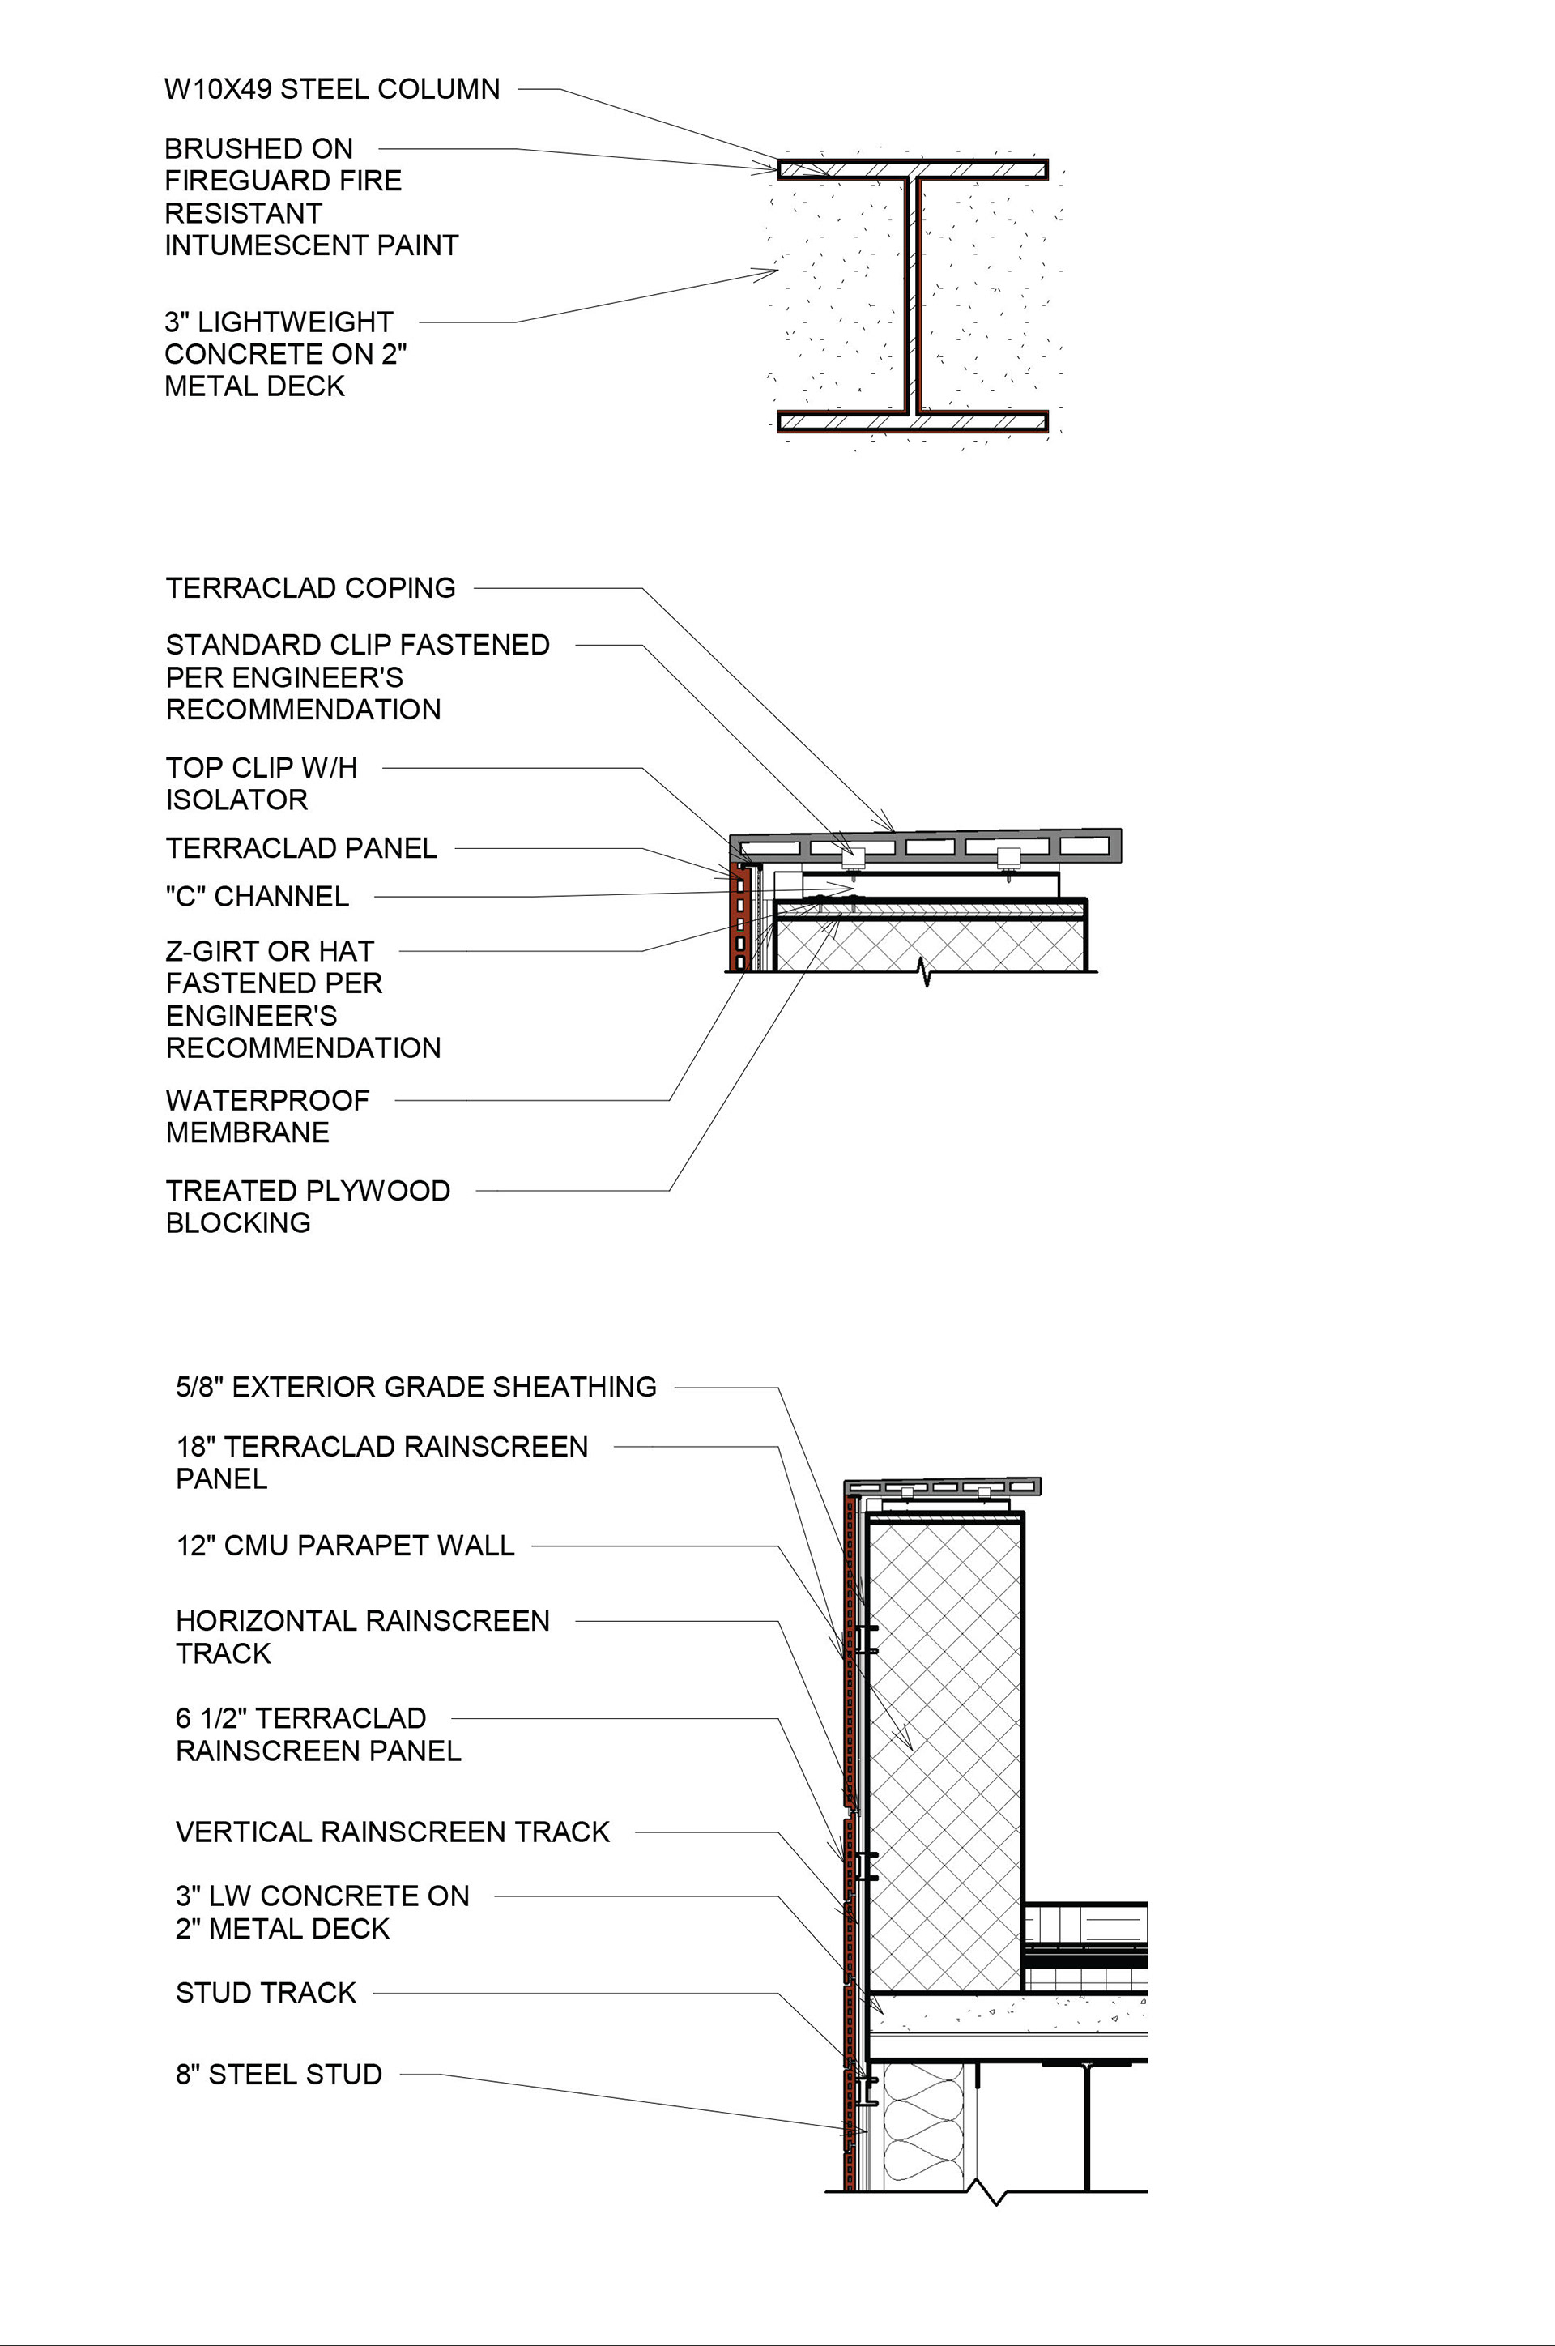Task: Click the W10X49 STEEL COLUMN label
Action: (x=331, y=89)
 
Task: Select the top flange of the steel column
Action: (x=913, y=169)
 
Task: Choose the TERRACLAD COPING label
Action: (x=310, y=588)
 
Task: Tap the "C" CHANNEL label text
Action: (x=257, y=897)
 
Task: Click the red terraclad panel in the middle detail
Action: (x=737, y=918)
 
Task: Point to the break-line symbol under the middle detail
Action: (x=927, y=972)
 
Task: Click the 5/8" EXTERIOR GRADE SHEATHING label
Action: (x=415, y=1387)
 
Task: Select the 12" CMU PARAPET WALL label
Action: (x=345, y=1546)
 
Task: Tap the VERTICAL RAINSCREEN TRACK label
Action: (x=392, y=1832)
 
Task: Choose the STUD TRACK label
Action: (x=265, y=1993)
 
